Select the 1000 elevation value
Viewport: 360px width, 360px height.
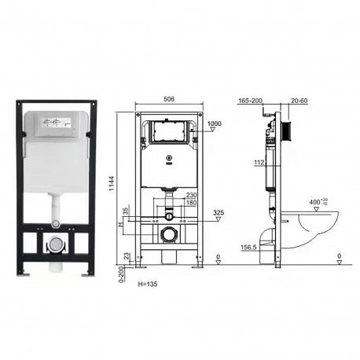[x=214, y=123]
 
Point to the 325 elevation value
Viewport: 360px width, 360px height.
[x=219, y=213]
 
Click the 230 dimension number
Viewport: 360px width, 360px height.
[x=192, y=195]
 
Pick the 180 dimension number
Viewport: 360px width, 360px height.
[x=192, y=202]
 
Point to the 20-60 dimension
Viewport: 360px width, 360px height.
[x=299, y=101]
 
